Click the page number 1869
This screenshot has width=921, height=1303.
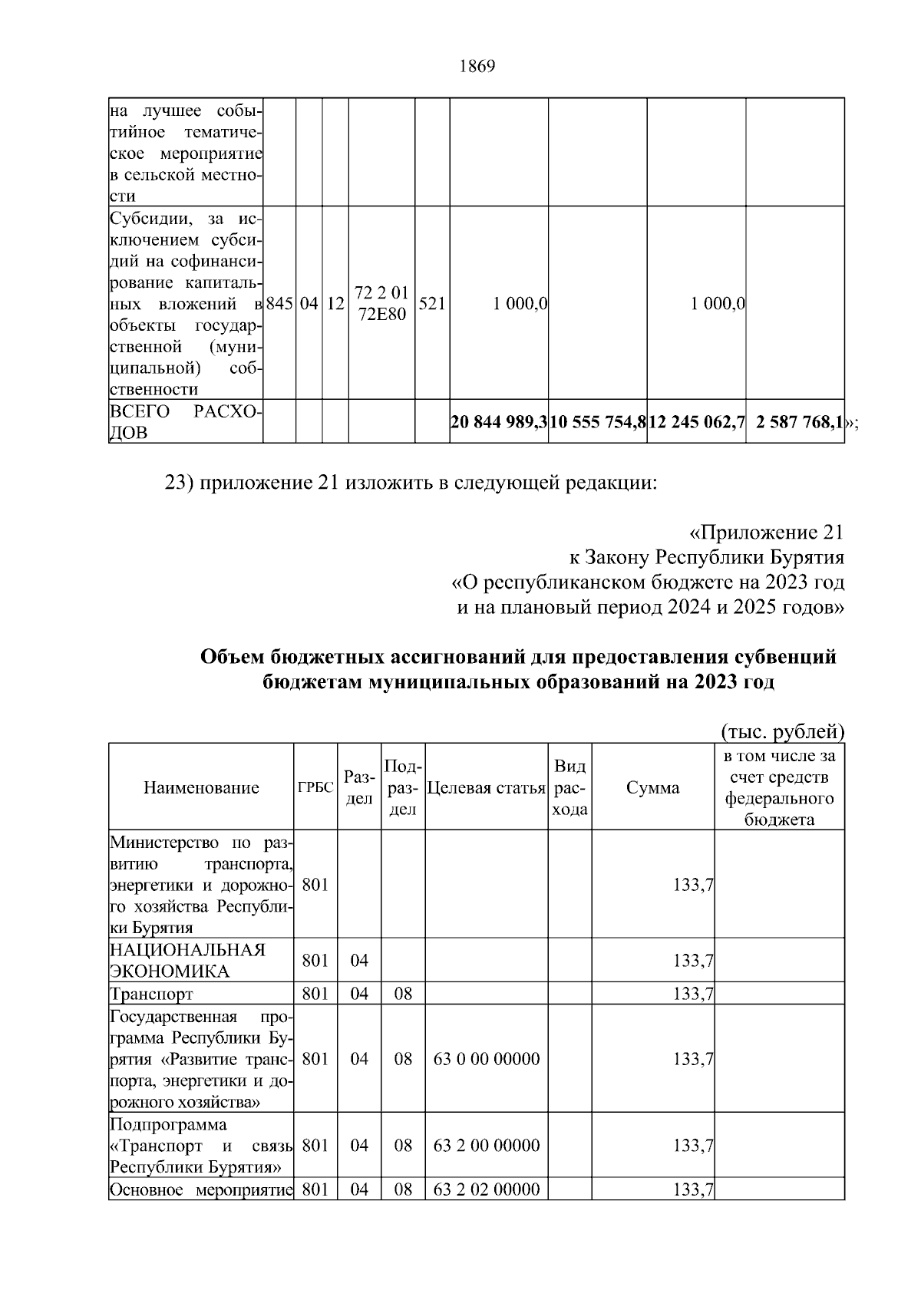pyautogui.click(x=477, y=67)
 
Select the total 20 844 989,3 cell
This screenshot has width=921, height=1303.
pyautogui.click(x=499, y=421)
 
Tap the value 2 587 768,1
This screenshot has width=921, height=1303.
pyautogui.click(x=800, y=421)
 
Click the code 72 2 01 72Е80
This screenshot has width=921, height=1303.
pyautogui.click(x=382, y=303)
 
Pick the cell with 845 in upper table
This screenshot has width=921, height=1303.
pyautogui.click(x=279, y=304)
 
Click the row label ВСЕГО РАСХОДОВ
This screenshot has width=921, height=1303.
pyautogui.click(x=184, y=422)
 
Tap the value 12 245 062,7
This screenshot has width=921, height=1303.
pyautogui.click(x=697, y=421)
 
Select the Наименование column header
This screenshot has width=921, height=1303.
pyautogui.click(x=201, y=787)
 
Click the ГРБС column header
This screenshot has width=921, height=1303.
pyautogui.click(x=315, y=788)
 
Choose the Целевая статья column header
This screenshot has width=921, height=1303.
pyautogui.click(x=486, y=788)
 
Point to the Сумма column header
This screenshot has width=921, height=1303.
pyautogui.click(x=652, y=788)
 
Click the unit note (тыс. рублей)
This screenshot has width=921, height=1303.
pyautogui.click(x=782, y=732)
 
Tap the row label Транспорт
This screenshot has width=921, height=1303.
pyautogui.click(x=151, y=995)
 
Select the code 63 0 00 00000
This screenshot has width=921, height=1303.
pyautogui.click(x=487, y=1059)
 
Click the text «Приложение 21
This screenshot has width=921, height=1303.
pyautogui.click(x=762, y=533)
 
